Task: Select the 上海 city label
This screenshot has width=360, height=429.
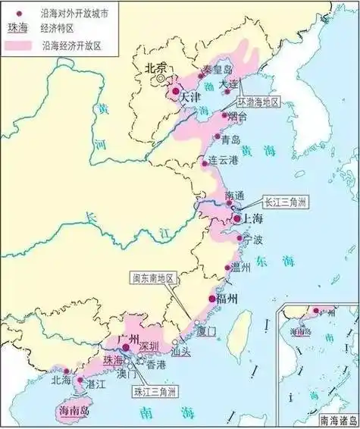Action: pos(252,219)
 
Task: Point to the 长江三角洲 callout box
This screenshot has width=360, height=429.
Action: pos(287,202)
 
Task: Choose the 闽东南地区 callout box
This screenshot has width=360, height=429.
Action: pos(153,278)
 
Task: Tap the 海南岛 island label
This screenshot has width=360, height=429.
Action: pos(74,410)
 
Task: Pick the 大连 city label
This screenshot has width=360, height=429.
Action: pos(228,83)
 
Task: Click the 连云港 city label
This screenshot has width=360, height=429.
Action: pos(224,160)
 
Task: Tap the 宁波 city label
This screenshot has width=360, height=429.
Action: pos(252,240)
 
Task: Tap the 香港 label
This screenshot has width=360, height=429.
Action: pos(155,365)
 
